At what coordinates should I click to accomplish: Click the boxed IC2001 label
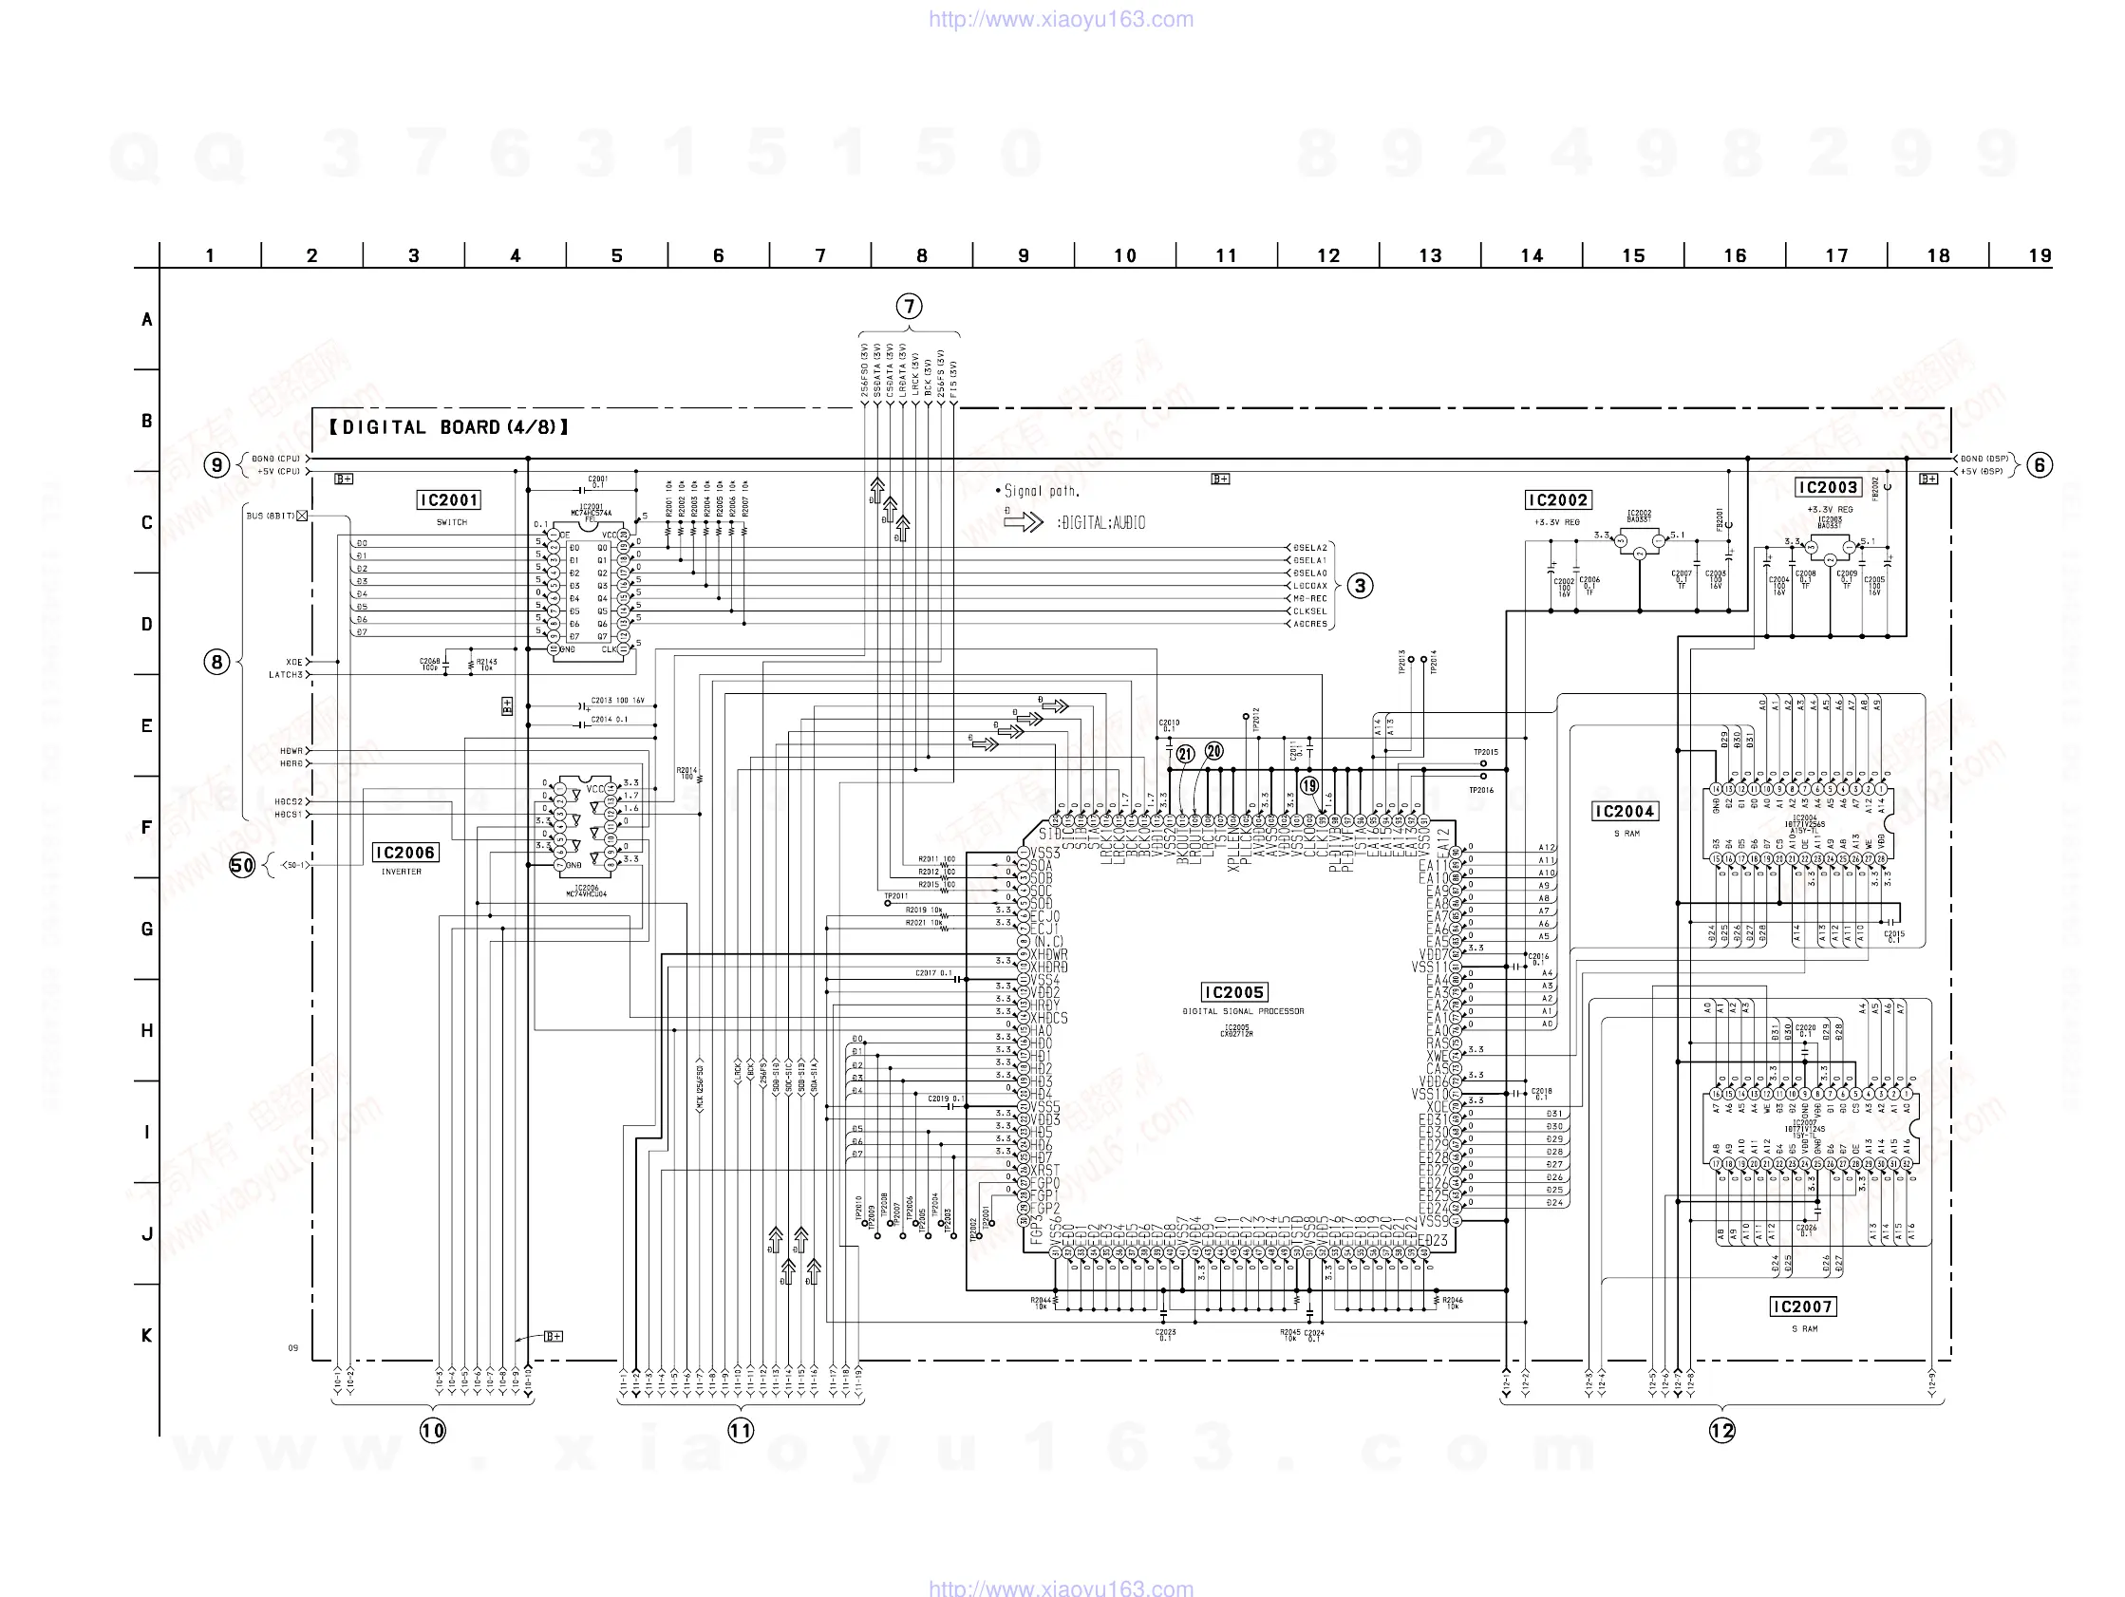(448, 499)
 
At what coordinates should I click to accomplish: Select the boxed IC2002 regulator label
(1558, 499)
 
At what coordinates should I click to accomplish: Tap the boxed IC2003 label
(1828, 487)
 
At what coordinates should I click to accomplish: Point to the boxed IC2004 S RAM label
(1625, 812)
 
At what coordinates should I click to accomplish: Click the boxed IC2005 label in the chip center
(1234, 991)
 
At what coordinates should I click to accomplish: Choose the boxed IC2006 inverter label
(404, 853)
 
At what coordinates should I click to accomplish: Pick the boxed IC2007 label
(1803, 1306)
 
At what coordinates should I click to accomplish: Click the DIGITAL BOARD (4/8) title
(448, 427)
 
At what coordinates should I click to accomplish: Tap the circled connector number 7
(909, 307)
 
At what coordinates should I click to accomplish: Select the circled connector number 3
(1361, 585)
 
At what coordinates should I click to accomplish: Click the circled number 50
(242, 865)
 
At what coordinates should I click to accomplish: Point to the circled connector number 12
(1722, 1431)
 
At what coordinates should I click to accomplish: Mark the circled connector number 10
(432, 1431)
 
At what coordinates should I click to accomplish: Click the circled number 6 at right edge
(2040, 465)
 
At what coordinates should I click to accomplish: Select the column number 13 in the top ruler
(1429, 255)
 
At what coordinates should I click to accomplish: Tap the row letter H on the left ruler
(147, 1030)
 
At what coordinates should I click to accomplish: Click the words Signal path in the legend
(1042, 491)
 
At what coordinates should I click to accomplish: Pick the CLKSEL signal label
(1309, 611)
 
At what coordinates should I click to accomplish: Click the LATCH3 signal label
(285, 674)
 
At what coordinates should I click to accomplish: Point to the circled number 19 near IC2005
(1309, 785)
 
